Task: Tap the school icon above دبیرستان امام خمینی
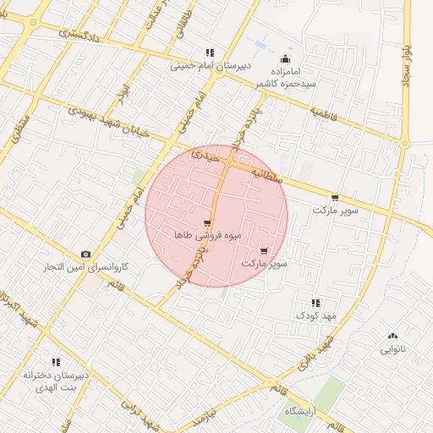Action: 210,53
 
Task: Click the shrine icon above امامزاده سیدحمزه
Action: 285,59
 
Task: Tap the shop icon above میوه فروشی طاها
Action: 208,223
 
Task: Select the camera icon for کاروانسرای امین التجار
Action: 85,254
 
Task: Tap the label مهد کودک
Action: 315,315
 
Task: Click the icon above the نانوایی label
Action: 392,336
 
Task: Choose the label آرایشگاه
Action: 302,411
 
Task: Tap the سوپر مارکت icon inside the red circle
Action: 265,251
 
